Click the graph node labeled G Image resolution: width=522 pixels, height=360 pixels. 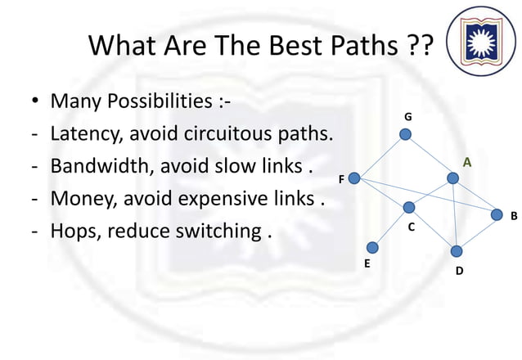pyautogui.click(x=406, y=134)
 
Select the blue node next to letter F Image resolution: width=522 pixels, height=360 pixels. pyautogui.click(x=354, y=178)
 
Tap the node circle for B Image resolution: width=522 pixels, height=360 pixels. pyautogui.click(x=496, y=215)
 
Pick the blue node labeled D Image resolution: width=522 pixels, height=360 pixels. pyautogui.click(x=457, y=250)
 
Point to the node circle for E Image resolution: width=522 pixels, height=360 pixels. pyautogui.click(x=372, y=247)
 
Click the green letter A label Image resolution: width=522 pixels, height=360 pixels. pyautogui.click(x=467, y=163)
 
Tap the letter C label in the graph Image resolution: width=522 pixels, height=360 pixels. pyautogui.click(x=412, y=227)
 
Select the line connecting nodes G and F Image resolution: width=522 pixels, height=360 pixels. pyautogui.click(x=380, y=155)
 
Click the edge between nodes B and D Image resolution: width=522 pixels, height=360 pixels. pyautogui.click(x=476, y=233)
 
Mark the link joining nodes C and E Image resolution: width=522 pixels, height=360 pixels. pyautogui.click(x=390, y=227)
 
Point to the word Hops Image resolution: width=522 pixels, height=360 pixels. pyautogui.click(x=74, y=232)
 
